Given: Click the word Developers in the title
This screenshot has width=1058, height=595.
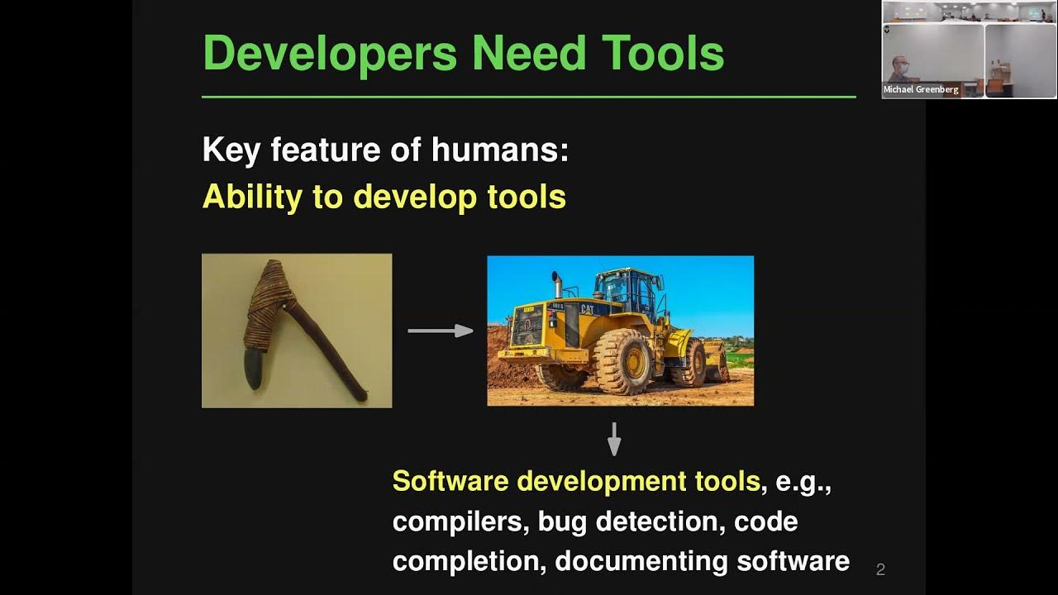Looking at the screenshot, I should click(329, 55).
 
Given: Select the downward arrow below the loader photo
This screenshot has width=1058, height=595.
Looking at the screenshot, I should click(613, 440).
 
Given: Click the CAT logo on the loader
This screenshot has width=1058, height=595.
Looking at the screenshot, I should click(587, 309).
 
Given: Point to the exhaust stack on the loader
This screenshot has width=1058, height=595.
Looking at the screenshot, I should click(557, 285).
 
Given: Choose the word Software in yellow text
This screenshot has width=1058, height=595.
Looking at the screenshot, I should click(451, 481).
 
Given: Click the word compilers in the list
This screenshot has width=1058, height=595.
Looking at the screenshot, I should click(460, 521).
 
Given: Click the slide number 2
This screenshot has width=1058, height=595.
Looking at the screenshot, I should click(880, 569).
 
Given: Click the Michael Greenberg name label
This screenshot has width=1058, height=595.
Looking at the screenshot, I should click(921, 89).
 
